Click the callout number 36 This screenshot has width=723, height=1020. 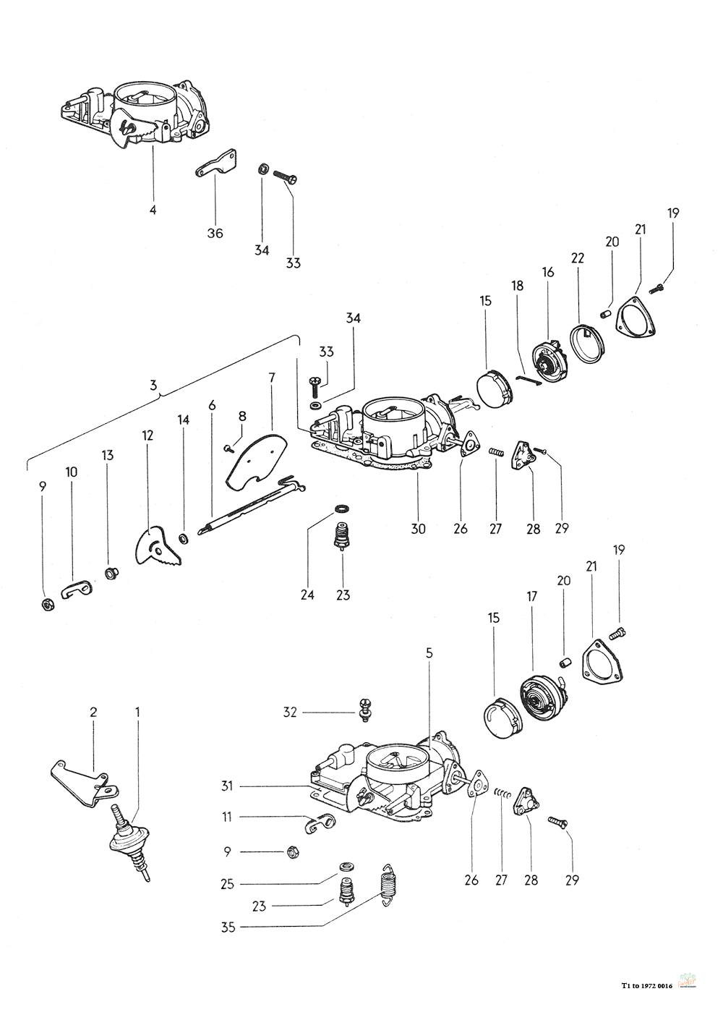[x=215, y=233]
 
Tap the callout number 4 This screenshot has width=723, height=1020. [x=153, y=210]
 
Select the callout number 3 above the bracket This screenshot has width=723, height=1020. [x=153, y=385]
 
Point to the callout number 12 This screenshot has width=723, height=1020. [x=147, y=435]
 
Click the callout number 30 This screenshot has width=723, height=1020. [x=418, y=528]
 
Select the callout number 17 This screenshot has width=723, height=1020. [x=533, y=598]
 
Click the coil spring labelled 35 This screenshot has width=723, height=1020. [x=391, y=885]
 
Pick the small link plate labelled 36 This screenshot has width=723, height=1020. [x=217, y=164]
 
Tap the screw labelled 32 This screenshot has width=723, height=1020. [x=364, y=708]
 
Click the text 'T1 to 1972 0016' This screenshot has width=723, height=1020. [x=646, y=985]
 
